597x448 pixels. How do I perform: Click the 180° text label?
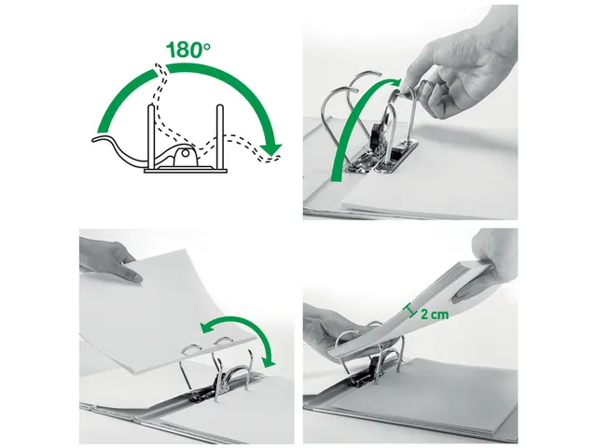pos(187,49)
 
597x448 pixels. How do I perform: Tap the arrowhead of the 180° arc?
pos(271,148)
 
